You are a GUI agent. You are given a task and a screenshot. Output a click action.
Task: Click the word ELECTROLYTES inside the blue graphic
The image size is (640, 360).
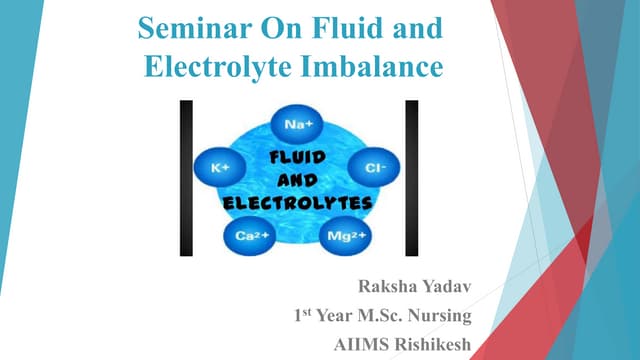296,203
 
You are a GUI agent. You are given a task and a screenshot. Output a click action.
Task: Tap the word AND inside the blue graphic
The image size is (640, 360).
296,180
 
